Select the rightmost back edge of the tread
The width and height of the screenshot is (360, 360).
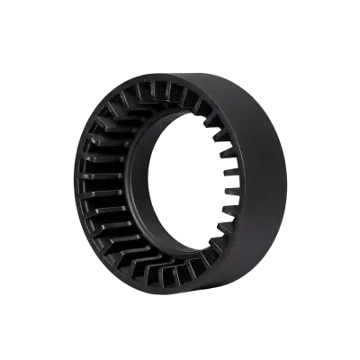coord(287,180)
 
